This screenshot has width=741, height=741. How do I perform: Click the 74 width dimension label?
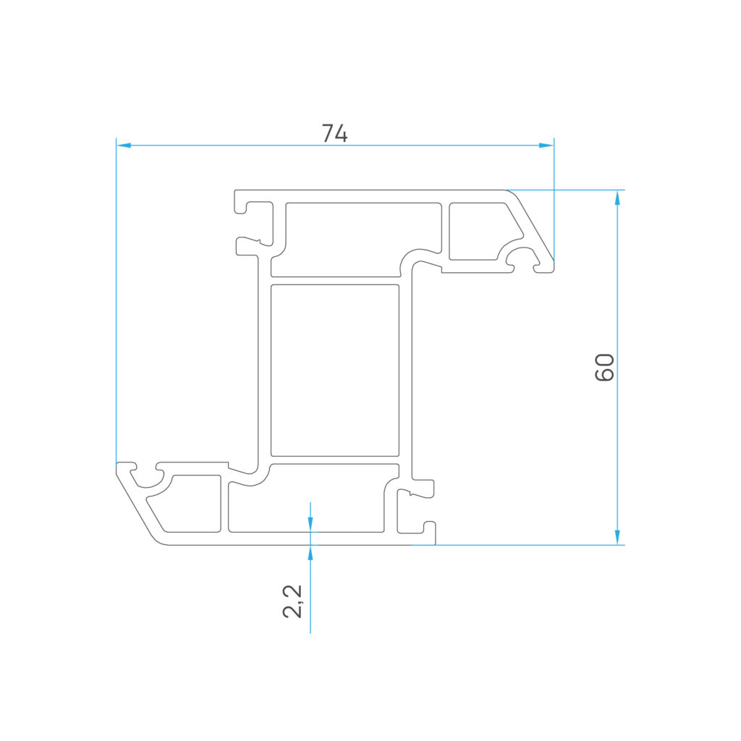coord(334,133)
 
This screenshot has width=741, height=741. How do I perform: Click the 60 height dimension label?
coord(604,367)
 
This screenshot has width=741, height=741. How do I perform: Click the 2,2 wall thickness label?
coord(292,601)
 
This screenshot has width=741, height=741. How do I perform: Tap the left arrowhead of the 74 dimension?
coord(123,145)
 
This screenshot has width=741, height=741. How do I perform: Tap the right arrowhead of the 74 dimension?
coord(546,145)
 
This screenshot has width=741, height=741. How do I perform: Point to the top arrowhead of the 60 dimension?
coord(617,198)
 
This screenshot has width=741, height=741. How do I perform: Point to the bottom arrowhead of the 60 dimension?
coord(617,538)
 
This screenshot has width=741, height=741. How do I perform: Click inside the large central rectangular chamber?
coord(334,370)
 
